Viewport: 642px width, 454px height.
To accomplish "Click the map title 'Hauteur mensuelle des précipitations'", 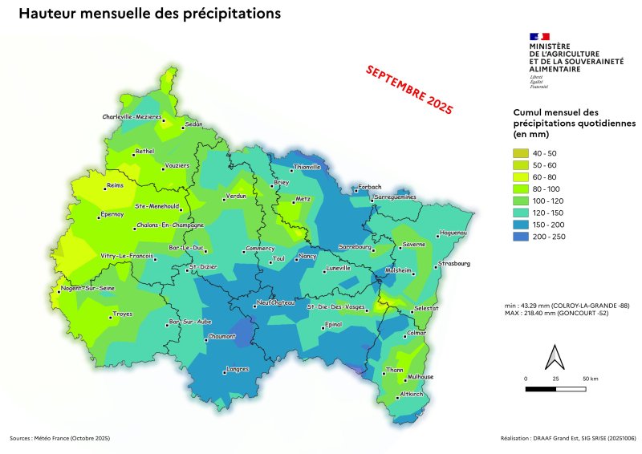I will pyautogui.click(x=149, y=14).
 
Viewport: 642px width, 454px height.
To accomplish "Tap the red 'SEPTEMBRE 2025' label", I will pyautogui.click(x=409, y=89).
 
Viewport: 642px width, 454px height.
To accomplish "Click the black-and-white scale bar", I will pyautogui.click(x=555, y=388).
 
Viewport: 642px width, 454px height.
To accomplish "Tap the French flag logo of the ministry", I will pyautogui.click(x=539, y=37).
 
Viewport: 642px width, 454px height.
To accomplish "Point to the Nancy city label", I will pyautogui.click(x=308, y=255).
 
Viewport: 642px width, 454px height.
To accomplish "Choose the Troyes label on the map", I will pyautogui.click(x=123, y=314).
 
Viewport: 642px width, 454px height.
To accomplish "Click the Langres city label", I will pyautogui.click(x=238, y=368).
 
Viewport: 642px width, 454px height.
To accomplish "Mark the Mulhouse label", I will pyautogui.click(x=421, y=376).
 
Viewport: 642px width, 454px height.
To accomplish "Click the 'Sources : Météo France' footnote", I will pyautogui.click(x=60, y=439).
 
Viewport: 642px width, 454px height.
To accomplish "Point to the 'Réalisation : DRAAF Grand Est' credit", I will pyautogui.click(x=567, y=439).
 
